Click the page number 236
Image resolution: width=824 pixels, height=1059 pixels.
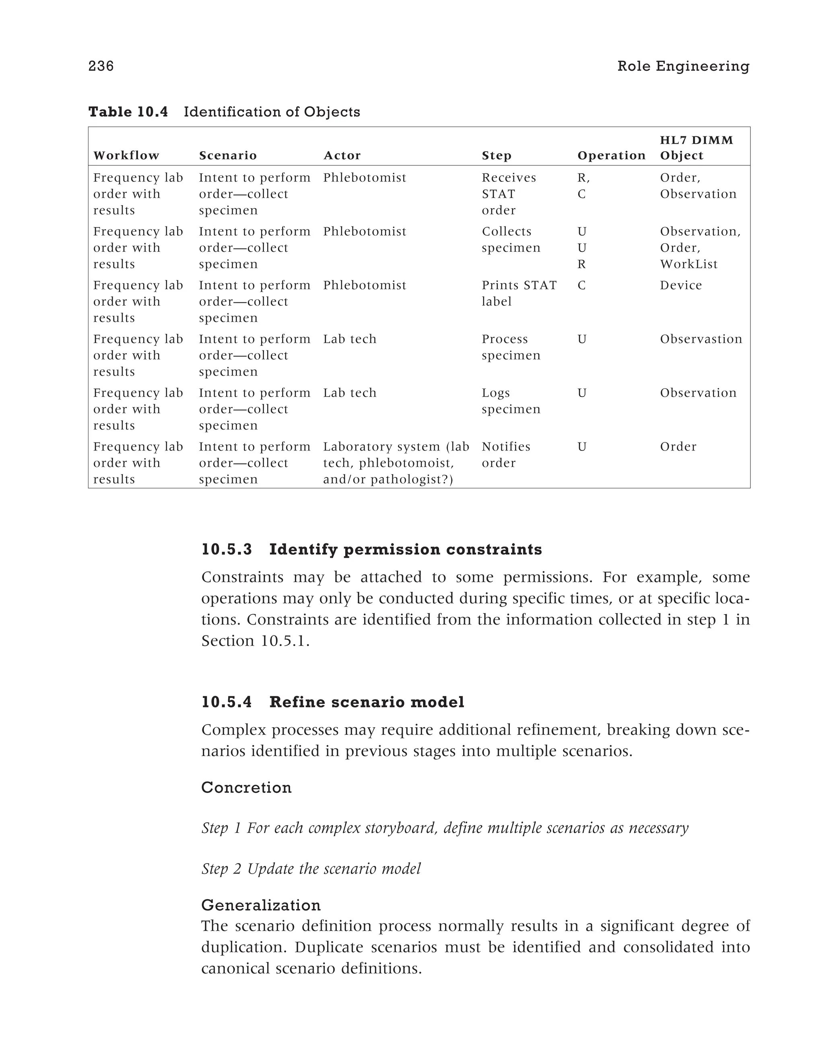point(101,66)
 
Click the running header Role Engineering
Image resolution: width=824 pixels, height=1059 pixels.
point(683,66)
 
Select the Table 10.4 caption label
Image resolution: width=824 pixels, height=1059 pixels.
point(128,112)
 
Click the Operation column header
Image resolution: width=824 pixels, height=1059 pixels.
point(611,155)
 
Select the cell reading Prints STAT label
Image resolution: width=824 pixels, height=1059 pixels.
point(519,293)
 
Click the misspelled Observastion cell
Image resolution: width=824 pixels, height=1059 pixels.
point(701,339)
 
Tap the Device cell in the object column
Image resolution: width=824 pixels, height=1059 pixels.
point(680,285)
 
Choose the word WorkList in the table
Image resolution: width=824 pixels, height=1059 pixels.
point(688,264)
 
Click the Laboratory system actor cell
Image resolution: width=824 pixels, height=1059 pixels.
point(396,463)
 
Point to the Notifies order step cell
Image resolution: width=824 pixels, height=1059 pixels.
point(506,454)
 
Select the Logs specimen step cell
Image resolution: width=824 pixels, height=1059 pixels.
point(511,401)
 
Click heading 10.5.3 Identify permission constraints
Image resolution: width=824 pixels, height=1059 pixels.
point(371,549)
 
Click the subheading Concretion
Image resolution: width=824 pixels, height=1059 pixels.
point(246,788)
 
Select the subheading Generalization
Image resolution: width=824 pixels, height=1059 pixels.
point(261,905)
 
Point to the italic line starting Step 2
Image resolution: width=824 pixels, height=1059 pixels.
point(311,868)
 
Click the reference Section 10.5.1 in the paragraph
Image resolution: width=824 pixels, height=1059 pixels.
point(255,641)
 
